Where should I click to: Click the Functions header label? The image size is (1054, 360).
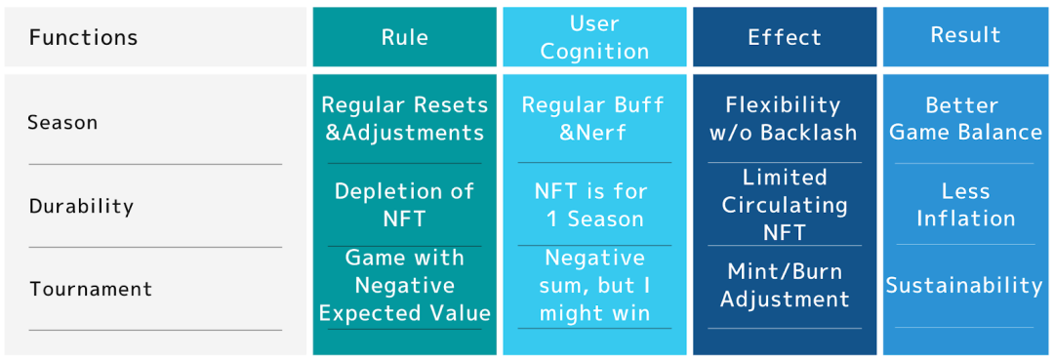pos(83,38)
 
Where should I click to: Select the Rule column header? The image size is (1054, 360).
pos(405,38)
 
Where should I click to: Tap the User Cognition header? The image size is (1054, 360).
pos(595,38)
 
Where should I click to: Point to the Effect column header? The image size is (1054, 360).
pos(785,38)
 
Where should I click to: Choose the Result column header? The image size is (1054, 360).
pos(965,35)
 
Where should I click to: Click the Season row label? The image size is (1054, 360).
pos(62,123)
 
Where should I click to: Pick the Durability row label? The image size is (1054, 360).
pos(81,206)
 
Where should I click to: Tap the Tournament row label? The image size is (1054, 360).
pos(91,290)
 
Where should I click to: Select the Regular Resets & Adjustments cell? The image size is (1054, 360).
pos(405,119)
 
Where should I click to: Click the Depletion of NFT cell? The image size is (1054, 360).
pos(405,204)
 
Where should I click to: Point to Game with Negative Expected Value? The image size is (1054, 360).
pos(405,286)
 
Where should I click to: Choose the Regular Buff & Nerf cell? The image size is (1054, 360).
pos(593,118)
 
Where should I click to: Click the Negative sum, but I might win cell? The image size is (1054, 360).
pos(595,286)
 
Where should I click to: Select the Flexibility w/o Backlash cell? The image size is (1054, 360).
pos(784,118)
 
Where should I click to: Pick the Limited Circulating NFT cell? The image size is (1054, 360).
pos(785,205)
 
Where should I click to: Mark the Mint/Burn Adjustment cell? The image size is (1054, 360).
pos(785,285)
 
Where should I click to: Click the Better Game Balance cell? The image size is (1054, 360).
pos(965,118)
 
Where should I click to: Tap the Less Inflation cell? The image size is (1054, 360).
pos(965,204)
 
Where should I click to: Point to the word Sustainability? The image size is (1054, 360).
pos(964,286)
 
